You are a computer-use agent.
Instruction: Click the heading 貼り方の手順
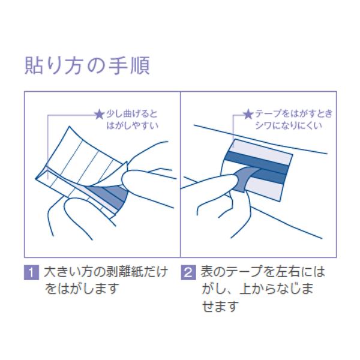pyautogui.click(x=87, y=65)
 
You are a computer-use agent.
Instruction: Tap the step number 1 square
pyautogui.click(x=31, y=272)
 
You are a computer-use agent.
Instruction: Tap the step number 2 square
pyautogui.click(x=188, y=272)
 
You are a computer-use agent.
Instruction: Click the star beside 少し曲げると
pyautogui.click(x=100, y=115)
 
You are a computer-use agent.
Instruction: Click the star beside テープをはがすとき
pyautogui.click(x=248, y=115)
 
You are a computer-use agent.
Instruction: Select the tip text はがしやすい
pyautogui.click(x=133, y=125)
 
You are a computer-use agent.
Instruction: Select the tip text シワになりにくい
pyautogui.click(x=289, y=125)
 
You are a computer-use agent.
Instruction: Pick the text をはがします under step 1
pyautogui.click(x=81, y=289)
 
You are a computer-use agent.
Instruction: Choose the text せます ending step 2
pyautogui.click(x=220, y=306)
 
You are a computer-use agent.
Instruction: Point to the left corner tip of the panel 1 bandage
pyautogui.click(x=36, y=178)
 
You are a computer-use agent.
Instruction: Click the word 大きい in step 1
pyautogui.click(x=62, y=272)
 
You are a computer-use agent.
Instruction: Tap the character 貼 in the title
pyautogui.click(x=34, y=65)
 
